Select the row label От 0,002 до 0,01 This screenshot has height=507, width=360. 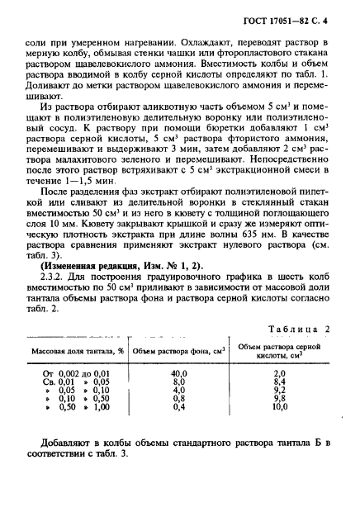click(x=76, y=374)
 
